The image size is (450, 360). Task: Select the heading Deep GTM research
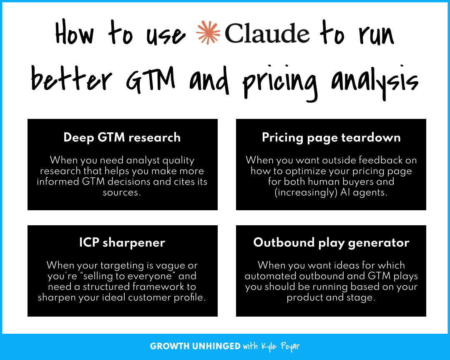(122, 138)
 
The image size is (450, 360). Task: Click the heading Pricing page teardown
(331, 138)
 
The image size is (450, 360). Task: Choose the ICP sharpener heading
(122, 243)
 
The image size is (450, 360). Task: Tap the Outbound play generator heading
(331, 243)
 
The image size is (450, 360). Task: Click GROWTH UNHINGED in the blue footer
(195, 347)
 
